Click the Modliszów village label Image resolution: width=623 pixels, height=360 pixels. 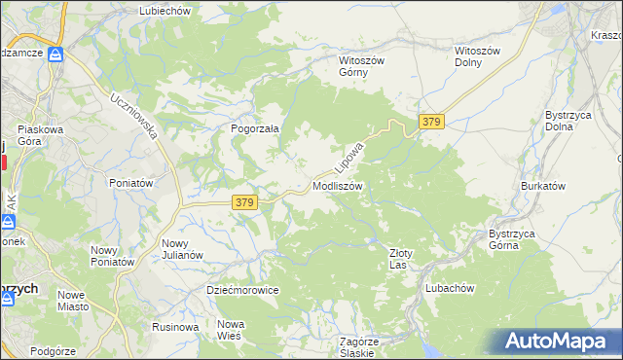[x=337, y=185]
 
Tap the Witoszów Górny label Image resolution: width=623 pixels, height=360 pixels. [x=362, y=66]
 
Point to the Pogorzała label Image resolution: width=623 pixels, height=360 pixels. [x=255, y=128]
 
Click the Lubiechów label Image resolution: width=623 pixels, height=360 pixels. [x=165, y=10]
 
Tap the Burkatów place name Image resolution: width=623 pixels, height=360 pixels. [x=543, y=185]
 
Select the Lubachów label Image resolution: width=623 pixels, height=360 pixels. [x=450, y=288]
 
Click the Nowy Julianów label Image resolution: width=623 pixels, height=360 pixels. [x=182, y=249]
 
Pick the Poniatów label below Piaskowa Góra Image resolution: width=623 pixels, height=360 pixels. [x=131, y=183]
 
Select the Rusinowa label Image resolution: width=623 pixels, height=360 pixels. [x=176, y=327]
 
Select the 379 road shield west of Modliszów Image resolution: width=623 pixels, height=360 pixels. [x=244, y=202]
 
